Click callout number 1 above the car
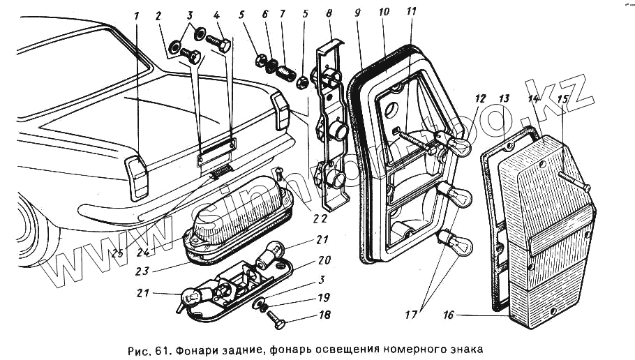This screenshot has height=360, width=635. click(137, 15)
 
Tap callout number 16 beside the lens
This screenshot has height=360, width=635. click(448, 315)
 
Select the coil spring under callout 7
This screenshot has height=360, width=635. click(282, 70)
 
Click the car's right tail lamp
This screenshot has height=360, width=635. click(282, 110)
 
